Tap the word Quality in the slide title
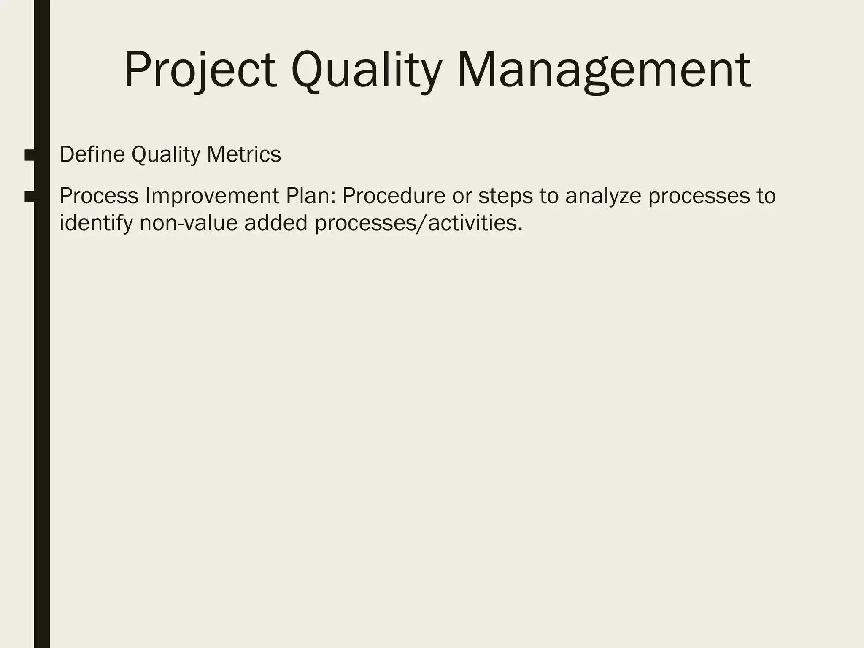[x=366, y=70]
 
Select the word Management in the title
[x=604, y=70]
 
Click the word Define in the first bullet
[x=92, y=154]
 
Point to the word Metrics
[x=243, y=154]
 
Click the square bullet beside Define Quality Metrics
[x=30, y=155]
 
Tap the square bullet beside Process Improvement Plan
[x=30, y=197]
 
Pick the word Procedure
[x=394, y=196]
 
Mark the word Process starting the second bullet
[x=99, y=196]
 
